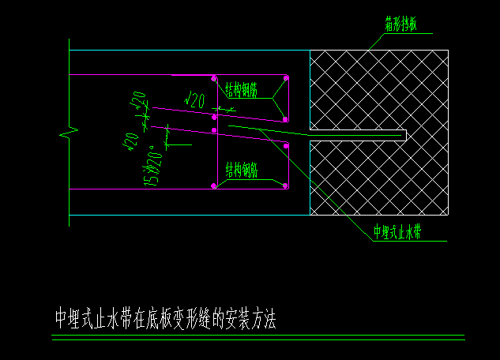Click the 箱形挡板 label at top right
point(402,24)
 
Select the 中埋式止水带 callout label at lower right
point(397,233)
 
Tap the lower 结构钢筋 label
point(242,169)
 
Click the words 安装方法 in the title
point(250,319)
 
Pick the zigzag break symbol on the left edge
point(70,132)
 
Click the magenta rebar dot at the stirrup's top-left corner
point(214,77)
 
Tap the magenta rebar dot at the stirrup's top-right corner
point(286,77)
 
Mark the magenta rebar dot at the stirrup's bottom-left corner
point(214,186)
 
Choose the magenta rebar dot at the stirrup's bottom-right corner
point(286,186)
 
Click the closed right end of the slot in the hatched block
point(405,136)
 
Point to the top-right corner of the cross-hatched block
point(448,51)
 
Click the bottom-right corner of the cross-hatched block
point(448,215)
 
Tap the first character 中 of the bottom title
point(62,319)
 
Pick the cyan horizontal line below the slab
point(190,215)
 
